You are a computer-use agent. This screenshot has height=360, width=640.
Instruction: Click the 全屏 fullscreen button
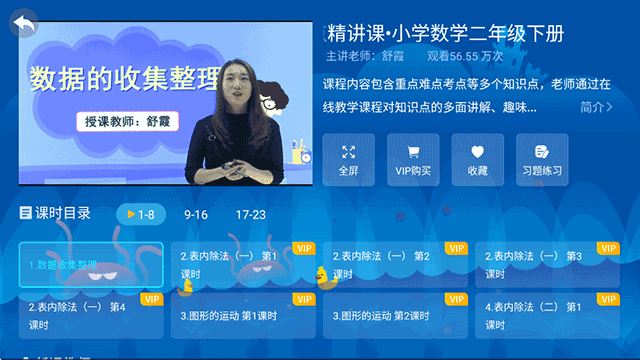(x=348, y=160)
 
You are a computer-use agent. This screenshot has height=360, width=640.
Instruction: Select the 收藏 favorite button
(x=477, y=160)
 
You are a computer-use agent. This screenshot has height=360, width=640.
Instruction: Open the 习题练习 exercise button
(x=542, y=160)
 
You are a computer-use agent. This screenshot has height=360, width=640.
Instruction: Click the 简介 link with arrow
(x=596, y=107)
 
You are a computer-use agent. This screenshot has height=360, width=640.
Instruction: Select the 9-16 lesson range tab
(x=196, y=214)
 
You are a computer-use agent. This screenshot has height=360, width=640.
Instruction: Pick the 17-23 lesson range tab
(x=251, y=214)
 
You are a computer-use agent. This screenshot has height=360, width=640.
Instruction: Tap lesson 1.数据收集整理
(x=90, y=265)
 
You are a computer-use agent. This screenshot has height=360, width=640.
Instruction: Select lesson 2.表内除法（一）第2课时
(x=395, y=265)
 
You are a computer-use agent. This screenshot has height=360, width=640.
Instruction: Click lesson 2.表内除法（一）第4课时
(x=90, y=315)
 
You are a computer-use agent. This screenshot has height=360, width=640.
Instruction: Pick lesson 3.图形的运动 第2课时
(x=395, y=315)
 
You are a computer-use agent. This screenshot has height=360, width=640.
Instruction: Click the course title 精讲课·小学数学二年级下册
(x=452, y=33)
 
